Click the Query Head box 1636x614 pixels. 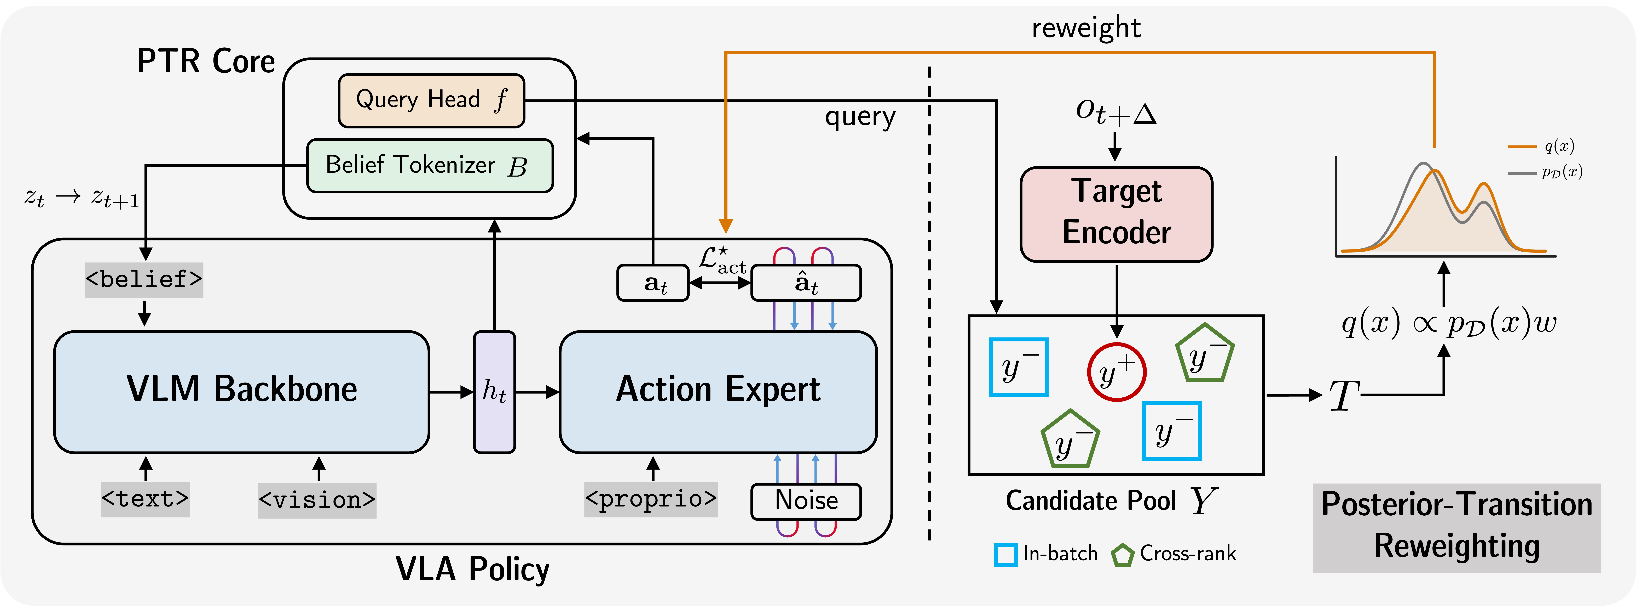[x=431, y=100]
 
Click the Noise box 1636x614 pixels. [x=806, y=501]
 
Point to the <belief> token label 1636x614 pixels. [x=144, y=280]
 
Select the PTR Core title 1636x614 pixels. [x=206, y=62]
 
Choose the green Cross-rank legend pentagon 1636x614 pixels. [x=1122, y=555]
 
